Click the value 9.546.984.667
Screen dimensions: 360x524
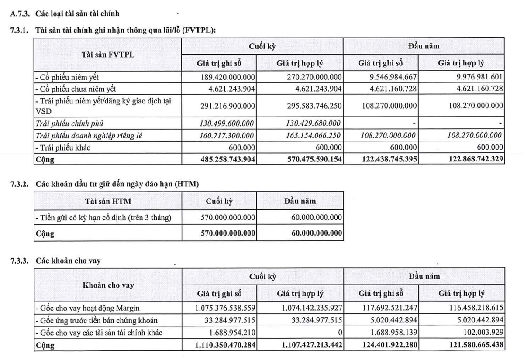pos(389,77)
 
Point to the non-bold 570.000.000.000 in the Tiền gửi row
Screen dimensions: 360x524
pos(227,217)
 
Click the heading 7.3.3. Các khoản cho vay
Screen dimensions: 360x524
pos(55,261)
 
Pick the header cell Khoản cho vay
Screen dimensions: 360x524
pos(108,285)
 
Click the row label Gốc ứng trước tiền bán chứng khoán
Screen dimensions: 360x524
pos(97,321)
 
